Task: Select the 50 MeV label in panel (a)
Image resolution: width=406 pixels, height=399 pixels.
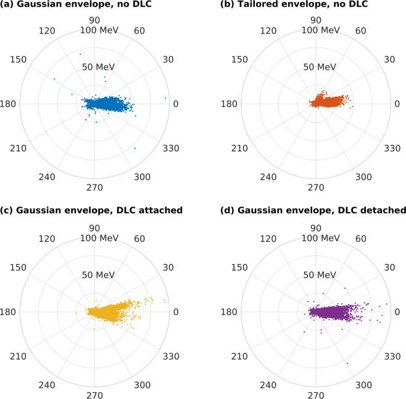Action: (x=96, y=67)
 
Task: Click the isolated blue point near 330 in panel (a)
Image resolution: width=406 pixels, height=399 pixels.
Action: (x=135, y=148)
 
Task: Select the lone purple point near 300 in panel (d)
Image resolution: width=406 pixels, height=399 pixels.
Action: (x=347, y=363)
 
